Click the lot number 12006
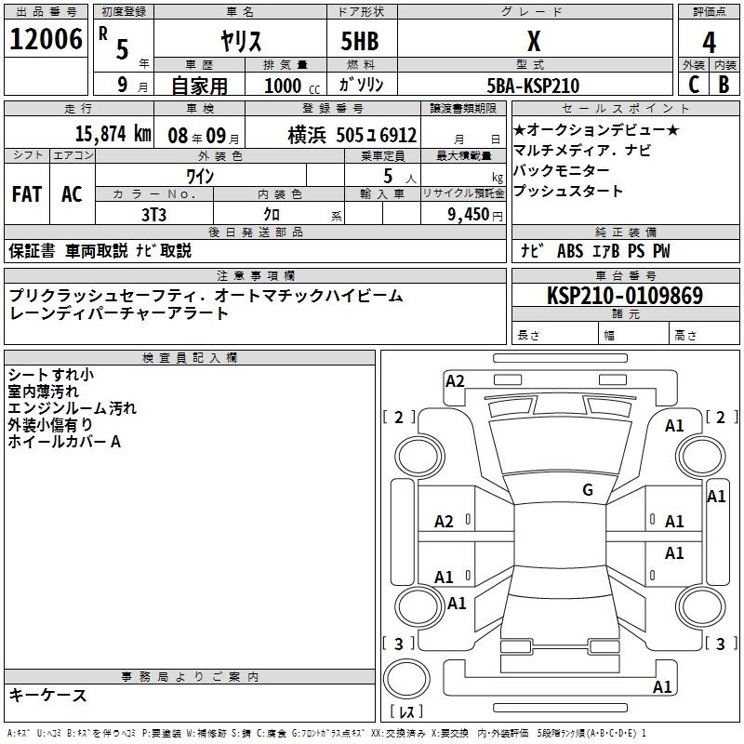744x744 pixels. [x=46, y=40]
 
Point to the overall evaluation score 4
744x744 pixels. [x=709, y=43]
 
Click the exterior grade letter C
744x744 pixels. [x=694, y=85]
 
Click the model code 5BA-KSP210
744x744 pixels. [x=533, y=86]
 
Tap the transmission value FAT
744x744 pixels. [x=26, y=193]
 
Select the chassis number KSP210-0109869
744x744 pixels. [x=625, y=296]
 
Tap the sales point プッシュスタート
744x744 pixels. [x=567, y=192]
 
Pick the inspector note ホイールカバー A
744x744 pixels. [x=64, y=442]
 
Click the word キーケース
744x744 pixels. [x=47, y=695]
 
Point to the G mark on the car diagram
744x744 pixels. [x=587, y=489]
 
